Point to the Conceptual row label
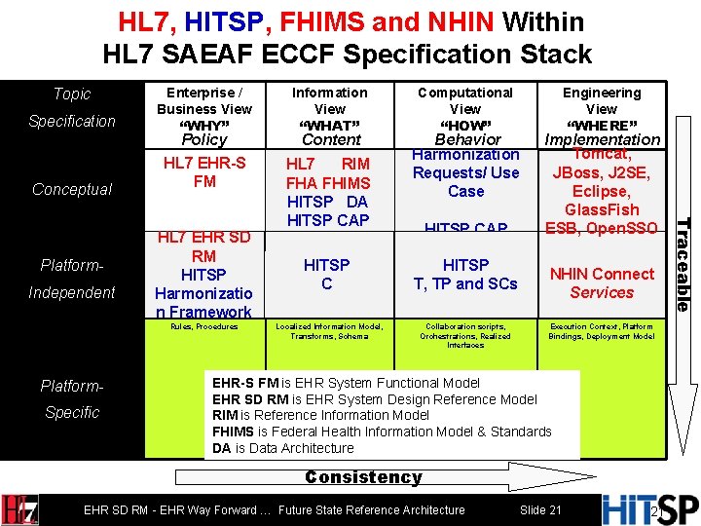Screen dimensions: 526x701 point(72,189)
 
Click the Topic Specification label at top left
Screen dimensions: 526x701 point(72,107)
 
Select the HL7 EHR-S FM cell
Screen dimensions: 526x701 point(204,172)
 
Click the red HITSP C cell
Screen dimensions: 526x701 point(327,274)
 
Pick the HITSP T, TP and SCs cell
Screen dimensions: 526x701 point(465,274)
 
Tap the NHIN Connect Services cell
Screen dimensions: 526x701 point(602,282)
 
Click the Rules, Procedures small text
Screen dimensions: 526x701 point(204,327)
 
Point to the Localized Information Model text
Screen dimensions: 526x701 point(330,331)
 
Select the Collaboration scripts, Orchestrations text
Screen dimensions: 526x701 point(465,335)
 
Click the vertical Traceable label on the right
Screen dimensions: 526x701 point(683,263)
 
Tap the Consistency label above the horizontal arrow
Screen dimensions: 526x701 point(363,477)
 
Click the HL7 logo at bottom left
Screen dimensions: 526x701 point(21,509)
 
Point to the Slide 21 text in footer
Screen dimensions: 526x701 point(540,510)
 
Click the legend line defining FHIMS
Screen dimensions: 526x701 point(382,432)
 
